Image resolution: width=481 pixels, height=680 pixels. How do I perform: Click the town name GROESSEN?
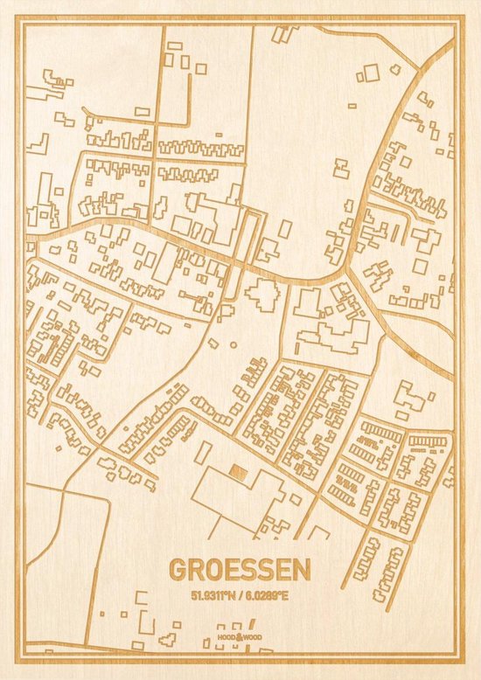coord(239,569)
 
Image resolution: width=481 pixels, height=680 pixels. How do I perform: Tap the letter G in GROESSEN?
coord(178,569)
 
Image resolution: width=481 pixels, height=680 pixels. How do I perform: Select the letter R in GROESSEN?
coord(196,569)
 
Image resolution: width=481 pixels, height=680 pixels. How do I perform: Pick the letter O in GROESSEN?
coord(214,569)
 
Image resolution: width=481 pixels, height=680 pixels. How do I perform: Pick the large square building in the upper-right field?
coord(373,73)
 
